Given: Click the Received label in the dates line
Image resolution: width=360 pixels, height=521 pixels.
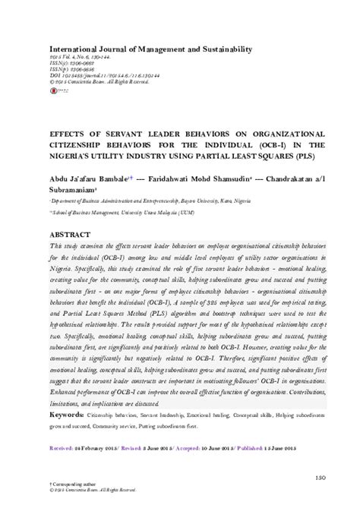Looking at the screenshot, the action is point(62,448).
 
